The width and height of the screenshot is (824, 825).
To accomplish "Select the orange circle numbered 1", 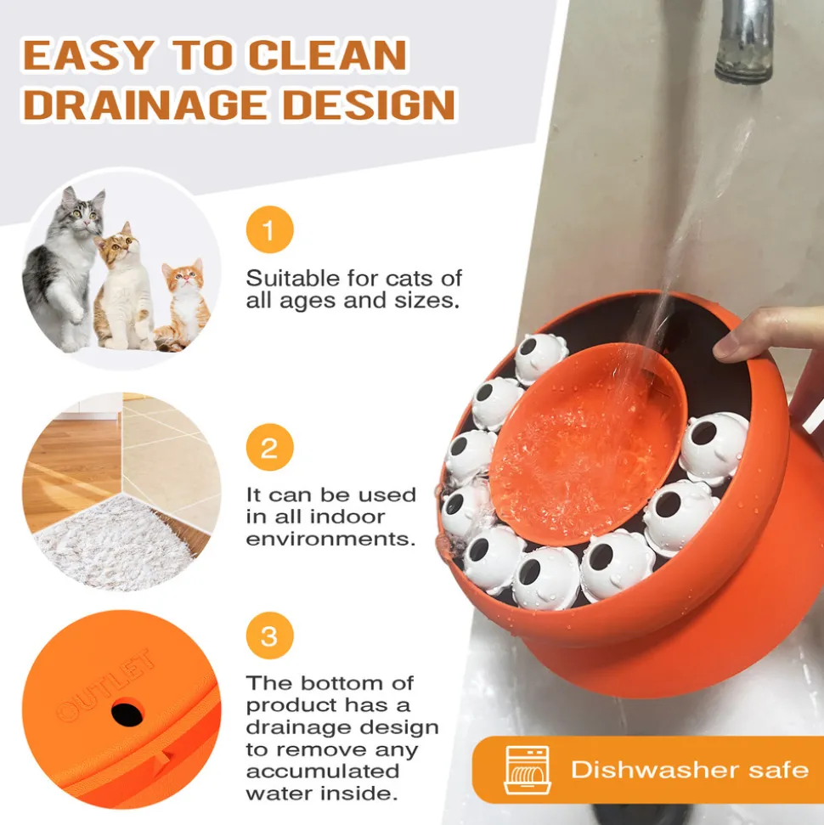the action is (x=269, y=229).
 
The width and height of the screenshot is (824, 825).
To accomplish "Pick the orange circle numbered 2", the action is (x=269, y=447).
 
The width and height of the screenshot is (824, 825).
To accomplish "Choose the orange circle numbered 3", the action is (x=269, y=636).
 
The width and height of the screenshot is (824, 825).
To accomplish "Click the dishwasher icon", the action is (x=528, y=769).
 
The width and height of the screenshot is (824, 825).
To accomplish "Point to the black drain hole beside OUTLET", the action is (x=127, y=713).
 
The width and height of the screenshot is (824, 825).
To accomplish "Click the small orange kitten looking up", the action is (x=182, y=305).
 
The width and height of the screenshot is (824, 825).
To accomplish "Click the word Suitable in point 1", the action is (x=292, y=278).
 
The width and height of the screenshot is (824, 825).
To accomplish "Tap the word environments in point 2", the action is (x=330, y=539).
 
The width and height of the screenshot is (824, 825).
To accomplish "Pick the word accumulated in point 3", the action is (x=323, y=771).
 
